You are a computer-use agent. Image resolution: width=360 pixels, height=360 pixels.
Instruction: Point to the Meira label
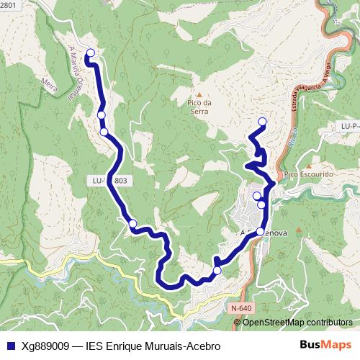(x=50, y=83)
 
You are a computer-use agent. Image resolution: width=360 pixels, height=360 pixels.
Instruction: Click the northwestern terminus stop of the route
(x=91, y=53)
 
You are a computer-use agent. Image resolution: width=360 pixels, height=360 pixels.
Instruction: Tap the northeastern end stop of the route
(x=262, y=121)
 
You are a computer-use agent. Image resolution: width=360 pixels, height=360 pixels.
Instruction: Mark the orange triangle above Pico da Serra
(x=199, y=94)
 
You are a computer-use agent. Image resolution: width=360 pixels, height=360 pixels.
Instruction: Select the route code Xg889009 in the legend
(x=46, y=345)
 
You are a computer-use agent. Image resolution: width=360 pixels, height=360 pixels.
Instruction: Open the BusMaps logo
(x=325, y=345)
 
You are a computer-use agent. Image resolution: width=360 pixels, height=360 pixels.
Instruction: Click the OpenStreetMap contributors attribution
(x=297, y=322)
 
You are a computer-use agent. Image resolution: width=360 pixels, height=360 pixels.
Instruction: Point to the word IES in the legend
(x=95, y=345)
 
